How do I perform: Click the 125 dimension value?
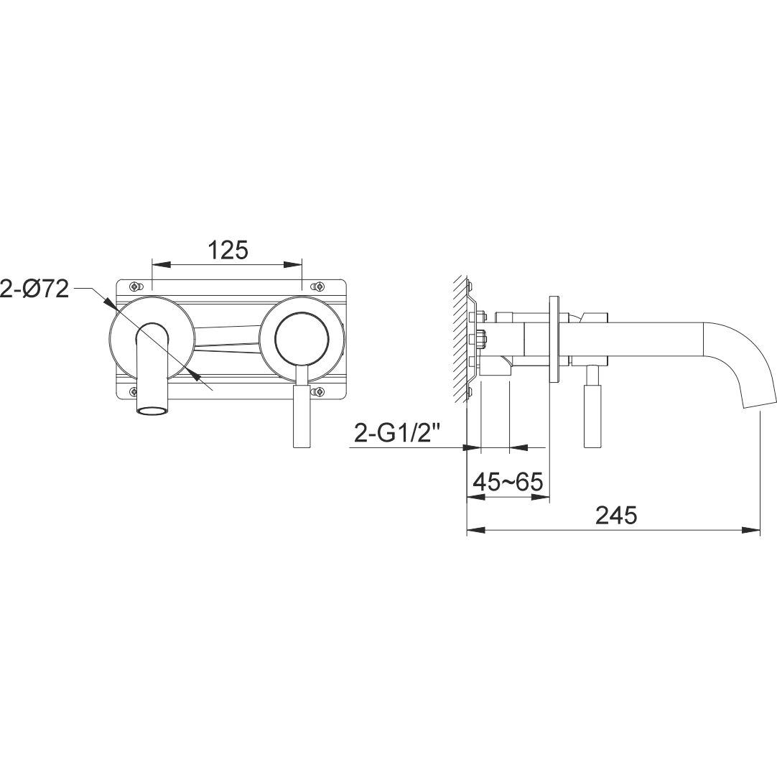(228, 250)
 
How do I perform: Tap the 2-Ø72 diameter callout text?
(34, 289)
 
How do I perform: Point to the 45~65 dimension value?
(508, 481)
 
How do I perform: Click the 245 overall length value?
(616, 516)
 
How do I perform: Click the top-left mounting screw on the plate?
(135, 287)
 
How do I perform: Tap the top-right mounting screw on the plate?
(319, 287)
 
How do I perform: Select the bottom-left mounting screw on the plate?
(134, 393)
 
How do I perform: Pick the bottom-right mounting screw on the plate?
(320, 393)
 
